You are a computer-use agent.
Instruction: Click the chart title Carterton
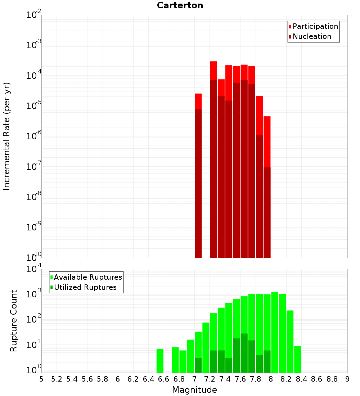(x=180, y=5)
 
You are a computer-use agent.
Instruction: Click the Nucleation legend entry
(x=312, y=36)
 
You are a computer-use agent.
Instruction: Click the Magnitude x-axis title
(x=194, y=390)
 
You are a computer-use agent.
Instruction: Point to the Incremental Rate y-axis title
(x=6, y=136)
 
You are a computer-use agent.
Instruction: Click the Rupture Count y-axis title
(x=14, y=321)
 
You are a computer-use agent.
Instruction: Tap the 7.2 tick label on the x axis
(x=210, y=379)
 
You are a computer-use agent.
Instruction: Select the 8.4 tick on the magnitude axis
(x=301, y=379)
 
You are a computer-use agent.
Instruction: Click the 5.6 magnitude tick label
(x=87, y=379)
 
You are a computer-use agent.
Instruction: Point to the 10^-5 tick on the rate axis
(x=33, y=106)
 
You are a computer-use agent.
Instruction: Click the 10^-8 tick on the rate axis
(x=33, y=197)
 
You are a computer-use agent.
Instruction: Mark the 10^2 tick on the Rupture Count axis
(x=33, y=319)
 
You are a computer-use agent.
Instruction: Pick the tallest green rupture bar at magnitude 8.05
(x=275, y=331)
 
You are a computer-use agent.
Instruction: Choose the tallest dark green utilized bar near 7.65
(x=244, y=353)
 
